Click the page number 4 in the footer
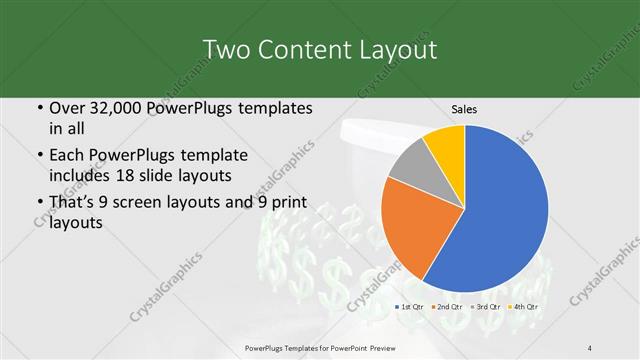591,347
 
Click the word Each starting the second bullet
68,156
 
